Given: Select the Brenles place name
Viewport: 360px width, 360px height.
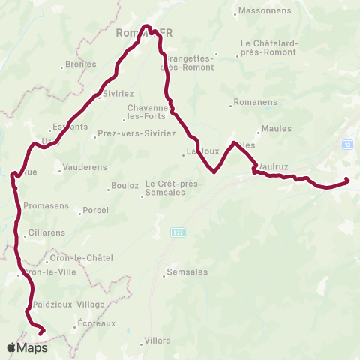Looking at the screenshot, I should pyautogui.click(x=81, y=64).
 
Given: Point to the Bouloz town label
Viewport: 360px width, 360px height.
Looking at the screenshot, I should pyautogui.click(x=124, y=185).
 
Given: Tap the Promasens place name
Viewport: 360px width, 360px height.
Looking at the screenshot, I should pyautogui.click(x=46, y=205).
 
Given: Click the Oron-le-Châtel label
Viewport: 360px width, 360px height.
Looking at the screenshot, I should pyautogui.click(x=88, y=257).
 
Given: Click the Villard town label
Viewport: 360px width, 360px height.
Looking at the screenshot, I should pyautogui.click(x=158, y=340).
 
